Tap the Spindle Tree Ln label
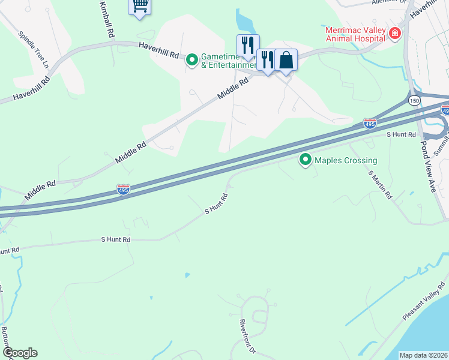tap(32, 49)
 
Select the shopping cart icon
tap(140, 6)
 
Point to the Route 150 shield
tap(415, 101)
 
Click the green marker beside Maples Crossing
tap(306, 160)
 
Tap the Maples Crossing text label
tap(346, 160)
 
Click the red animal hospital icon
tap(395, 33)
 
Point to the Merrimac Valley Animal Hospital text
tap(354, 34)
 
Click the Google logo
tap(20, 353)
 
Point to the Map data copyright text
tap(423, 355)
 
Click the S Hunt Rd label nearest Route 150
tap(402, 135)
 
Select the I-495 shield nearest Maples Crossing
tap(370, 124)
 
